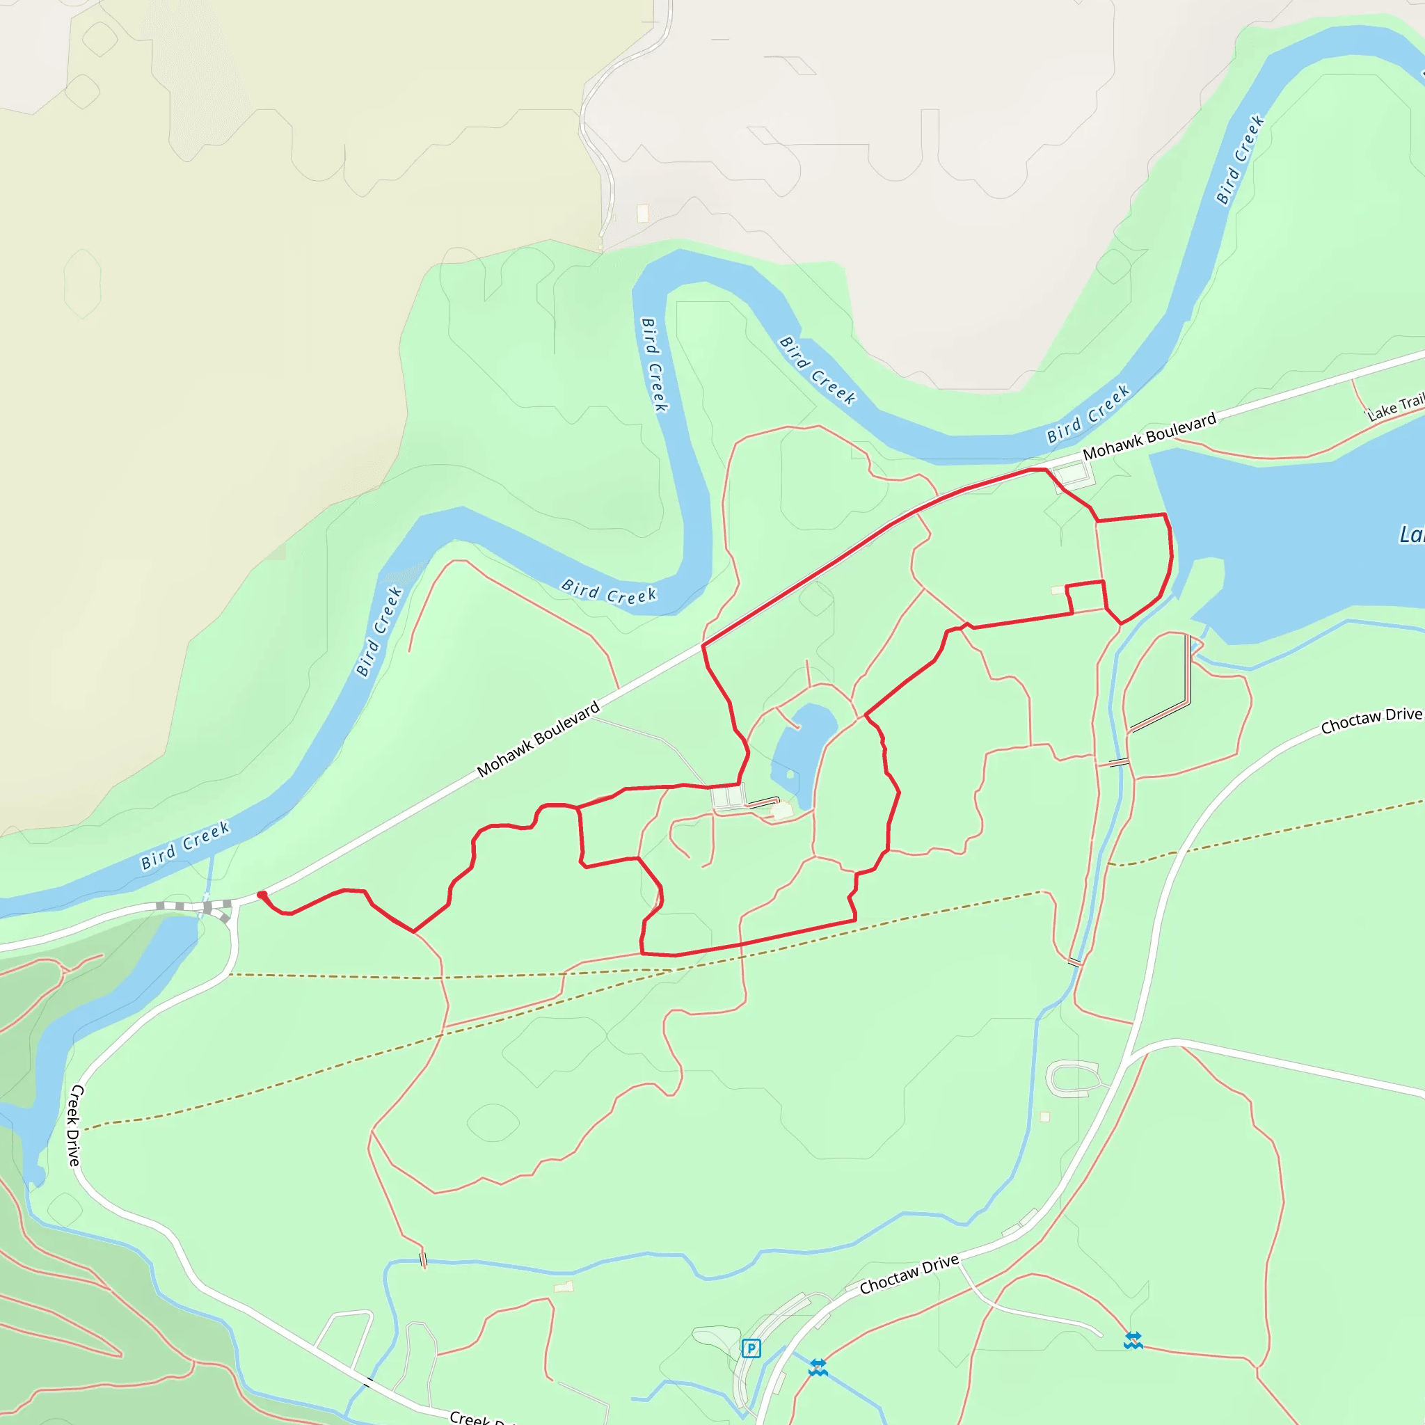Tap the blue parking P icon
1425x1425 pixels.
click(751, 1349)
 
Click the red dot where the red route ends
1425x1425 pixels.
click(261, 895)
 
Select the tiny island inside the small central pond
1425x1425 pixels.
click(790, 774)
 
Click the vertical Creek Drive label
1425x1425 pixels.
click(75, 1125)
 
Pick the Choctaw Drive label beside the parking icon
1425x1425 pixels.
click(909, 1274)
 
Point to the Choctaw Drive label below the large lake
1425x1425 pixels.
click(1371, 720)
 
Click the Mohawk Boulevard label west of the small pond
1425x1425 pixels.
click(538, 740)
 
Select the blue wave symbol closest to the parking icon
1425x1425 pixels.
click(818, 1367)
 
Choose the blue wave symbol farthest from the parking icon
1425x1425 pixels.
click(1133, 1340)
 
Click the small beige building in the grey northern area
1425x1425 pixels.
click(642, 213)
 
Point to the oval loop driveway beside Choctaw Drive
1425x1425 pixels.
click(1074, 1078)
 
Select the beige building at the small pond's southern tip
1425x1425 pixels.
click(781, 811)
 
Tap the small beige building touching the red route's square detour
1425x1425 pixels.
click(1058, 590)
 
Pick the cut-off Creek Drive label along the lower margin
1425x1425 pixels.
click(479, 1417)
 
